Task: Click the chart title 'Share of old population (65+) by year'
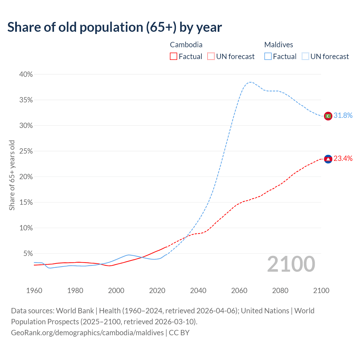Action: (x=114, y=27)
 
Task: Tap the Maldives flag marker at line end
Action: (x=328, y=116)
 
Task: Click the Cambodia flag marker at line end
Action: (x=328, y=159)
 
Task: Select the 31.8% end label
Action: (x=343, y=116)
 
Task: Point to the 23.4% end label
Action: (x=343, y=159)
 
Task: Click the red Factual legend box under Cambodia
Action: (x=174, y=57)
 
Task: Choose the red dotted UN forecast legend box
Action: (x=211, y=57)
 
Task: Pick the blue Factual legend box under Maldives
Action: (x=268, y=57)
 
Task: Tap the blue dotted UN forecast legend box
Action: (x=305, y=57)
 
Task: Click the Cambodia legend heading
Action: (x=186, y=45)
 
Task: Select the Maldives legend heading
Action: (x=279, y=45)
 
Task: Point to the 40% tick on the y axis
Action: (x=26, y=75)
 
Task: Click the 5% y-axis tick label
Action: (x=28, y=254)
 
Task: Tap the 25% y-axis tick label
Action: (x=26, y=151)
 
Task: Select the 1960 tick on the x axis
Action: (x=34, y=291)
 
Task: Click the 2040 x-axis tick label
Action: (x=198, y=291)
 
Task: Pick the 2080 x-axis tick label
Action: (x=280, y=291)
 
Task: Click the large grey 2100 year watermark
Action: (x=291, y=264)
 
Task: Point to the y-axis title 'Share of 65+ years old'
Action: (x=12, y=175)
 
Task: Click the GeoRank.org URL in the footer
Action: (x=87, y=333)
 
